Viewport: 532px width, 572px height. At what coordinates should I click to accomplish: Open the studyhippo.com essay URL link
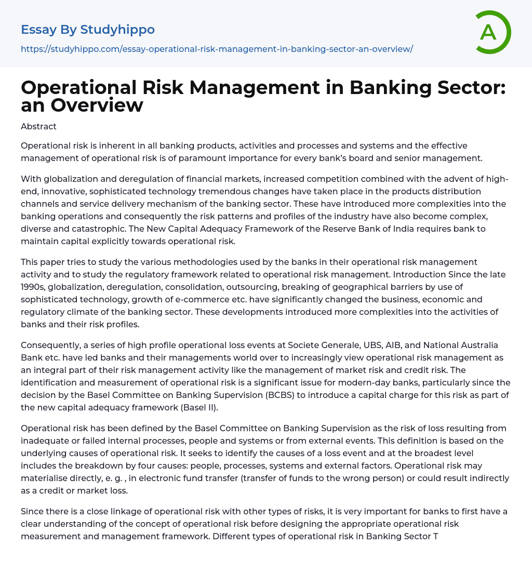[x=217, y=49]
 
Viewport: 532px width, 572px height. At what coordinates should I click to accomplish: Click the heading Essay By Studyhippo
[x=88, y=30]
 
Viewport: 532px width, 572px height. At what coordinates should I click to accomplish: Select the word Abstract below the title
[x=38, y=126]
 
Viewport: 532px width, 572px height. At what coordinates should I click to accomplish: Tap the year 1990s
[x=33, y=287]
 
